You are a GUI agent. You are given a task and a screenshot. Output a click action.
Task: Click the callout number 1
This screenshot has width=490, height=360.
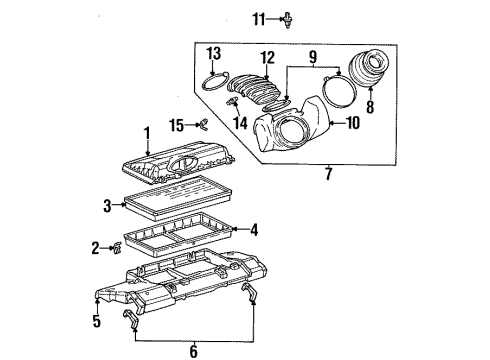click(146, 133)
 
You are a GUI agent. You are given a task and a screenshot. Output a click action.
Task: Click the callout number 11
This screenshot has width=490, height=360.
click(258, 18)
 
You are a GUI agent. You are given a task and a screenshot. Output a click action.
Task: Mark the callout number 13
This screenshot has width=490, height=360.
click(212, 52)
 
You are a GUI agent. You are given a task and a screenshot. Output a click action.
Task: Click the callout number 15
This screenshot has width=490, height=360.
click(177, 125)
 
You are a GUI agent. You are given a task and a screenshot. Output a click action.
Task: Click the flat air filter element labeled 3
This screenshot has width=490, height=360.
click(176, 205)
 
